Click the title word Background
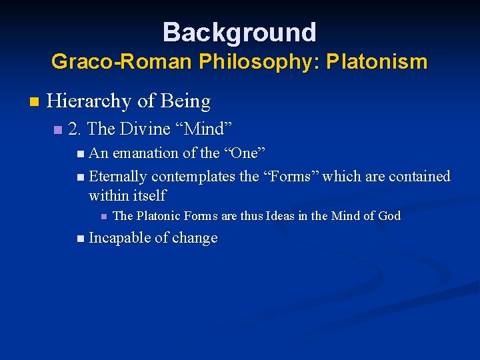click(x=239, y=32)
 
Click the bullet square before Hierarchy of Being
click(x=35, y=102)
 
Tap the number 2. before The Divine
click(x=75, y=128)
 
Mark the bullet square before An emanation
click(x=81, y=154)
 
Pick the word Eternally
click(x=118, y=177)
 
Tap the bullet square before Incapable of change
click(x=81, y=239)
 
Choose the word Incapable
click(x=118, y=239)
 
